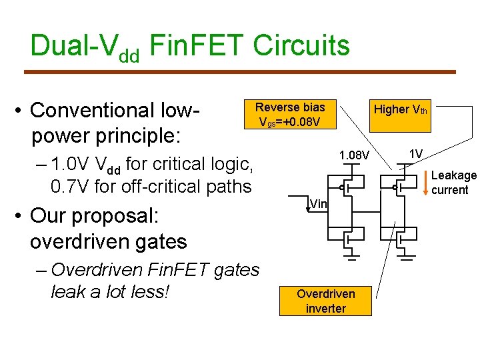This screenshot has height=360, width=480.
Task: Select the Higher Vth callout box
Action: click(400, 109)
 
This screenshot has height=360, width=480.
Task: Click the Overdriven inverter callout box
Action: click(325, 301)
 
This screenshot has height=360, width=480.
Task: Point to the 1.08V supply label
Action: click(354, 156)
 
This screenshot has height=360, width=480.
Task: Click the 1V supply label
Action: click(416, 154)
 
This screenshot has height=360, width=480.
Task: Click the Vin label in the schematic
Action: click(319, 203)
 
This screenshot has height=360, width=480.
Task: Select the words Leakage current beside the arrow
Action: click(453, 182)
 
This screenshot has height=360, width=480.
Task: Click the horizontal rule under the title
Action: click(239, 72)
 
